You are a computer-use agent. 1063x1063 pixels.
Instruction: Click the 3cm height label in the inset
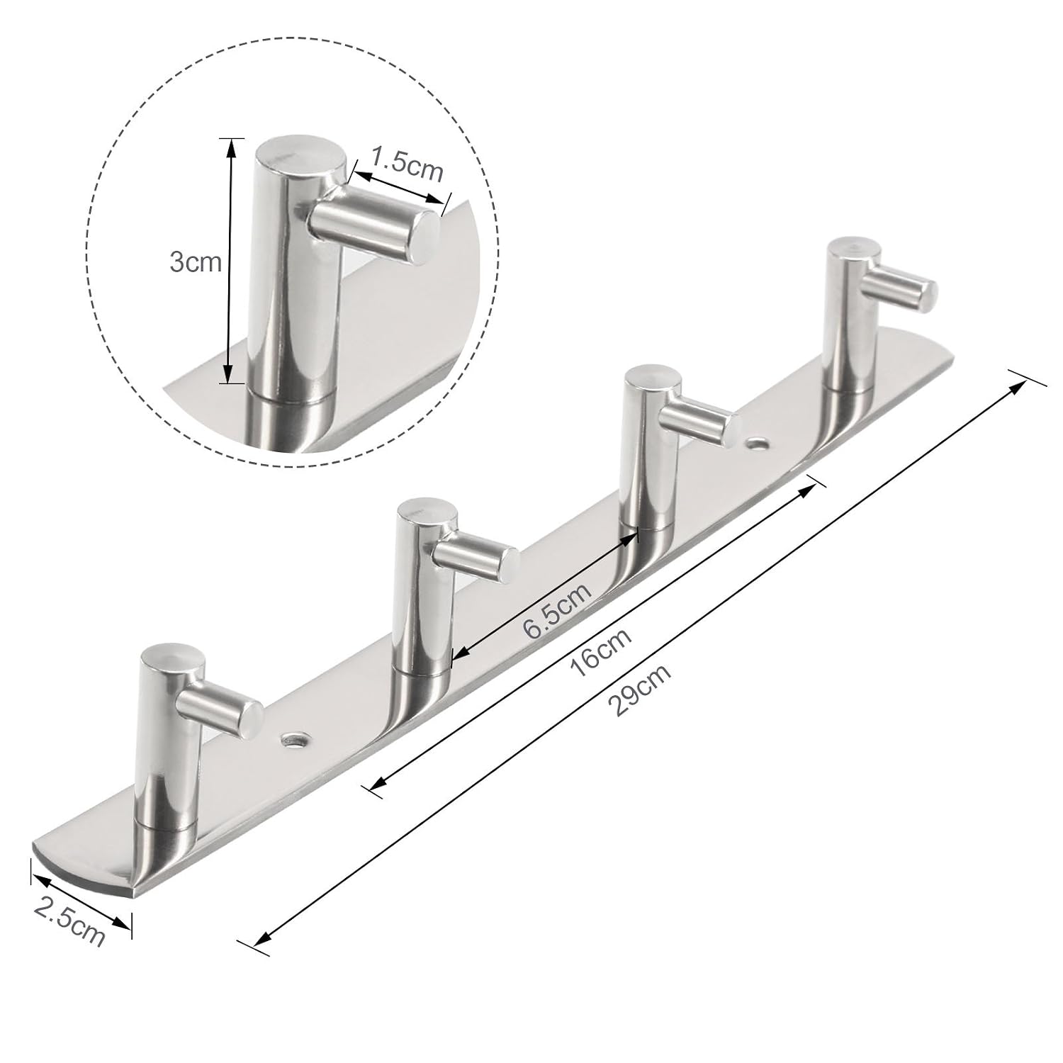click(196, 263)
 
